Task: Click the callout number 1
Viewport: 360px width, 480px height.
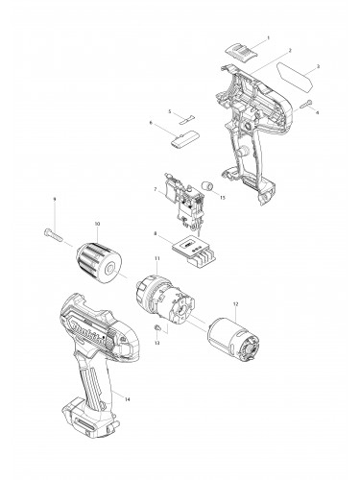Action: click(x=268, y=36)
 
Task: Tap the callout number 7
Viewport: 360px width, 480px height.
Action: click(x=155, y=190)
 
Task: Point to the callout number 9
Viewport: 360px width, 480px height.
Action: click(x=55, y=199)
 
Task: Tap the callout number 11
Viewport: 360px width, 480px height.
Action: click(x=156, y=259)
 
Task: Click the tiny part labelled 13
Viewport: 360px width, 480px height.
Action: click(x=154, y=329)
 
